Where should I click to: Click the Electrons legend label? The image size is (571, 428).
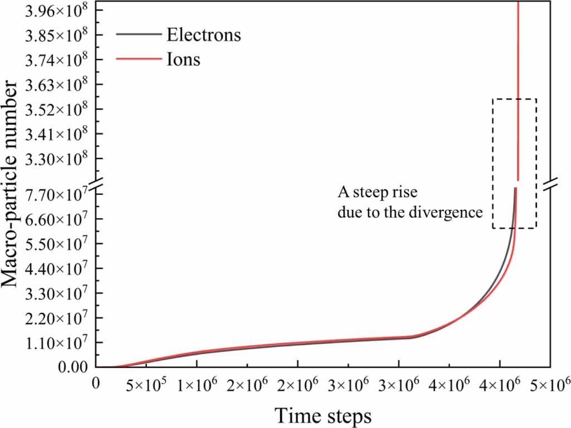(x=203, y=35)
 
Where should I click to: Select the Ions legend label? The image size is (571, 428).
(x=183, y=59)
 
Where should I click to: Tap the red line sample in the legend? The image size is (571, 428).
(x=139, y=59)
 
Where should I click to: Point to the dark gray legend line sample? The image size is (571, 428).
(x=139, y=35)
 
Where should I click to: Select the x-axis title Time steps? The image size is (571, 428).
(x=323, y=415)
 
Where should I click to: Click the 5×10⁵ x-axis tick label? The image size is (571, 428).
(x=146, y=384)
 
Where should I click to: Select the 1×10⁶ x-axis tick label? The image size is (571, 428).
(x=197, y=384)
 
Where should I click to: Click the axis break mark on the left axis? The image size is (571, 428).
(x=96, y=183)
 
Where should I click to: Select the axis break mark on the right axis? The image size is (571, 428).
(x=551, y=183)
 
